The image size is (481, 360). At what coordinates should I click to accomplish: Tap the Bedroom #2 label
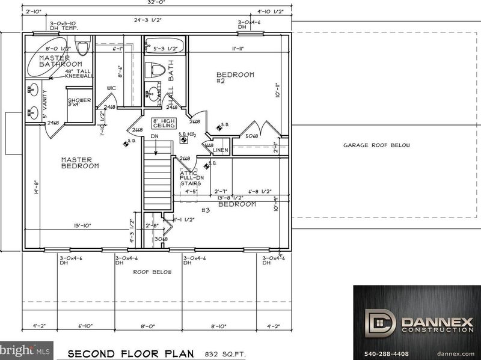tap(235, 79)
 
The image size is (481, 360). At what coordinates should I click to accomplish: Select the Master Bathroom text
tap(61, 61)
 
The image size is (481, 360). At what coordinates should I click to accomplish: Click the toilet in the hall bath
tap(158, 69)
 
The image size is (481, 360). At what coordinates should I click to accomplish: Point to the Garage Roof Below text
tap(376, 145)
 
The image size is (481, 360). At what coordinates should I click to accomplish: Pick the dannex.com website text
tap(455, 353)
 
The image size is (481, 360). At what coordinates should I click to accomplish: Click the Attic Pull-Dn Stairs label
tap(192, 178)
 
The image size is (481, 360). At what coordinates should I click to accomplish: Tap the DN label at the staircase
tap(154, 136)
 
